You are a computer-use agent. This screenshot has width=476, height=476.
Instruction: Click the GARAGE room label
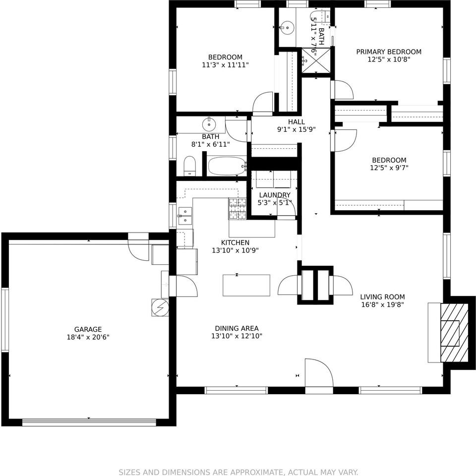click(x=88, y=329)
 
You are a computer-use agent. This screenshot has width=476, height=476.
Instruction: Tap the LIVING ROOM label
click(x=382, y=297)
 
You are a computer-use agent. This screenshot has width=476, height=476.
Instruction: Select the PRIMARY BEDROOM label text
click(x=389, y=52)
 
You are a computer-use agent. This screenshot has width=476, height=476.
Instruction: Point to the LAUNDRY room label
click(x=274, y=195)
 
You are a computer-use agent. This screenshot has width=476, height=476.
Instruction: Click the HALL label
click(x=296, y=122)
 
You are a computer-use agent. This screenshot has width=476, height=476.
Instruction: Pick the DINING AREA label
click(x=237, y=328)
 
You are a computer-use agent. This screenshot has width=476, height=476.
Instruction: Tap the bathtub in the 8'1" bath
click(x=227, y=166)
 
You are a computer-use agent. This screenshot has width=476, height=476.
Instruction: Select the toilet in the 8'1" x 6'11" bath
click(x=190, y=167)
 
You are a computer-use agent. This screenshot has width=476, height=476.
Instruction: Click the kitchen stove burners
click(x=237, y=209)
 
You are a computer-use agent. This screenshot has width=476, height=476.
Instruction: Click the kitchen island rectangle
click(x=246, y=285)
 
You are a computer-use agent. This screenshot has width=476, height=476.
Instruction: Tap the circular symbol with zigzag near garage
click(x=160, y=307)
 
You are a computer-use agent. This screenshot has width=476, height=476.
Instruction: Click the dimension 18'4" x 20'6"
click(x=88, y=337)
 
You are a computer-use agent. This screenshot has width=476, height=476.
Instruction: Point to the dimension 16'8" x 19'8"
click(x=382, y=305)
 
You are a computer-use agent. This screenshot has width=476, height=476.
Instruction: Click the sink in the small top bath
click(x=287, y=27)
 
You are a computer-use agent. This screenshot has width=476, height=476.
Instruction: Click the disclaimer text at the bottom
click(x=238, y=472)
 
